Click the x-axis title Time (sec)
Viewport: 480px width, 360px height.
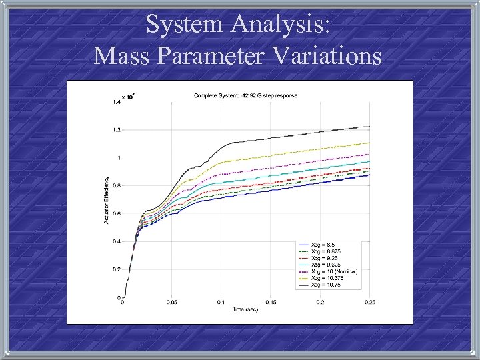point(245,310)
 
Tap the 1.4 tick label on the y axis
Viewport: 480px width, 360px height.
point(116,102)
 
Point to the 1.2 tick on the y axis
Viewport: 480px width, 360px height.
point(116,130)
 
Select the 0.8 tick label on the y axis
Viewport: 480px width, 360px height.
point(116,186)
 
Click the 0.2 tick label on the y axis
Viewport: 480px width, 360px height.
point(116,269)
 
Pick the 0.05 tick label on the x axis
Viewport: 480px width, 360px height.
point(171,303)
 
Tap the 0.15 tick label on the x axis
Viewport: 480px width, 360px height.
point(271,303)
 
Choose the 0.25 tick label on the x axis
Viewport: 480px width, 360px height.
point(370,303)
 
